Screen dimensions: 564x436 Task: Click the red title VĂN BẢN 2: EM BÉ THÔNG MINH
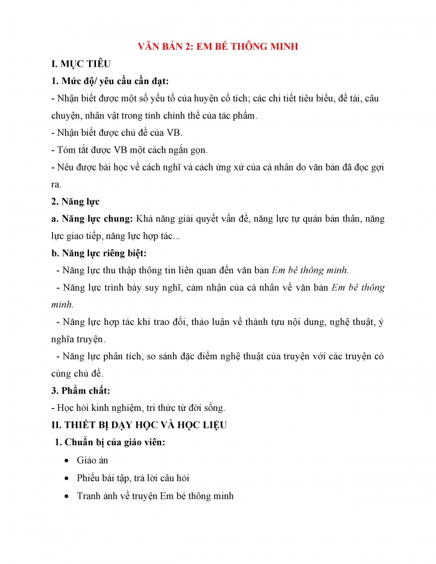217,47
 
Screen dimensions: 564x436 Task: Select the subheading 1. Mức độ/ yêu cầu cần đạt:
110,81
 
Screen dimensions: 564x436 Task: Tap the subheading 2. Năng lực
75,201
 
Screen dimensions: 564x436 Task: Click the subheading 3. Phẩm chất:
80,390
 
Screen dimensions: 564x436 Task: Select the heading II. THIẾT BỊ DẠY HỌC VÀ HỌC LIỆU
139,425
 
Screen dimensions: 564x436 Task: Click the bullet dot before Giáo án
67,461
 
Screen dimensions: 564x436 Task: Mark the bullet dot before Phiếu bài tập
67,478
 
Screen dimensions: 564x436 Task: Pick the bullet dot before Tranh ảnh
67,496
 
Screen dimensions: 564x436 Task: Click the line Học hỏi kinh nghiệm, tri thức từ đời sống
138,408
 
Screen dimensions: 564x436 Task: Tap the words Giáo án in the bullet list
92,461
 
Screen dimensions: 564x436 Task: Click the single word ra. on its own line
57,184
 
